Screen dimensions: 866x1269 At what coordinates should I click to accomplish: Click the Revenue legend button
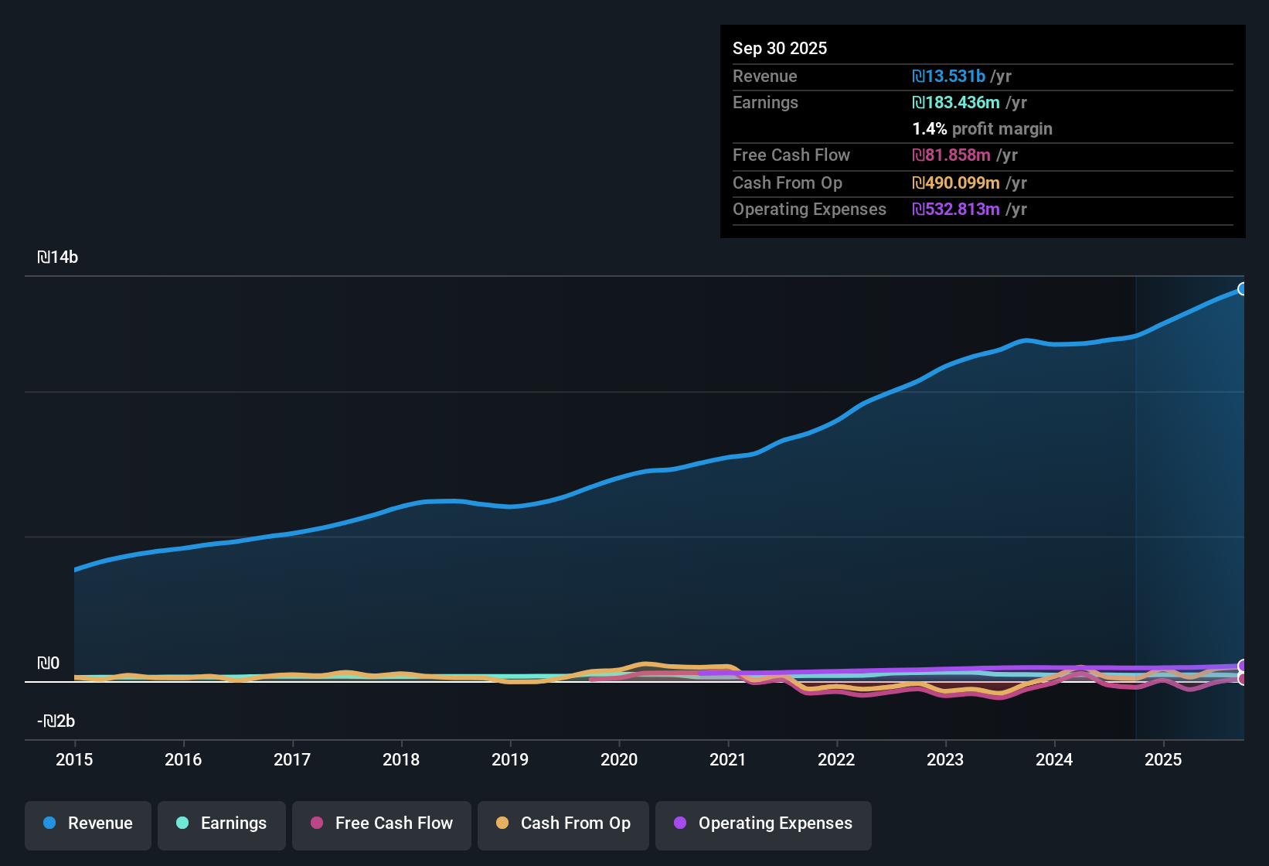[88, 823]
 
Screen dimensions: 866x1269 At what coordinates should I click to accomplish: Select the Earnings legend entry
[222, 823]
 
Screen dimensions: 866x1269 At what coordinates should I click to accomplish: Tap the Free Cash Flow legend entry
[382, 823]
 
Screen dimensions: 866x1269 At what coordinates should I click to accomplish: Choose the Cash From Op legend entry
[563, 823]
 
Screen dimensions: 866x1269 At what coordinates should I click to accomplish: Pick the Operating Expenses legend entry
[764, 823]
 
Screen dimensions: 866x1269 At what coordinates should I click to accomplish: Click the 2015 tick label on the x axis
[74, 759]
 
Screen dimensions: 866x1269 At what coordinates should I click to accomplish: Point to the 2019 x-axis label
[510, 759]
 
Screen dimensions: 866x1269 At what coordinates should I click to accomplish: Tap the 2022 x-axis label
[836, 759]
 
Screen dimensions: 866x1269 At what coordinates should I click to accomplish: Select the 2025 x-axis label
[1163, 759]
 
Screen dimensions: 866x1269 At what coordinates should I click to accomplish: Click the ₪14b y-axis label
[58, 257]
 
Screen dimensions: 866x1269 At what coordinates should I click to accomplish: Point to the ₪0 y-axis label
[49, 663]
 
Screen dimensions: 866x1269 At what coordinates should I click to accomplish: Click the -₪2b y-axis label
[56, 721]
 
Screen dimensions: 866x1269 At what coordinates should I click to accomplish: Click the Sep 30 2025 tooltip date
[780, 48]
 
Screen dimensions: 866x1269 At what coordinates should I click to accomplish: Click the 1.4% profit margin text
[982, 128]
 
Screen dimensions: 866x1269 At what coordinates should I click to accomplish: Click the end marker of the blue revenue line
[1243, 289]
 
